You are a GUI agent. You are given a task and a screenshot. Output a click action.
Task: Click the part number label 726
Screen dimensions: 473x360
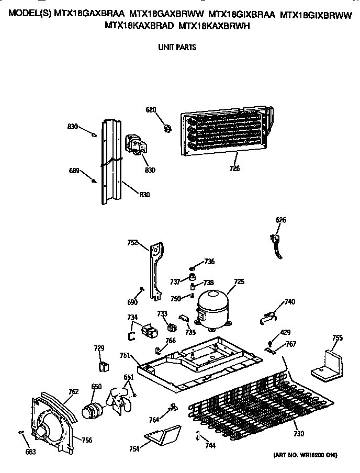tap(234, 168)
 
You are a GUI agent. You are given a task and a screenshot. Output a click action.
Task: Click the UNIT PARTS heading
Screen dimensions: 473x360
tap(177, 47)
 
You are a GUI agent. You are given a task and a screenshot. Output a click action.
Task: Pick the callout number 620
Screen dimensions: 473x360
tap(151, 110)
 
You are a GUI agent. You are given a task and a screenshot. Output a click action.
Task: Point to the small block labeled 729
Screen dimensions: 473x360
tap(104, 365)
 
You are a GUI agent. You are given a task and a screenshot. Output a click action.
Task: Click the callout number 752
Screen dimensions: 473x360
tap(132, 242)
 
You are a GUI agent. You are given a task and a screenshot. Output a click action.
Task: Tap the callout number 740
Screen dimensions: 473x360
tap(289, 302)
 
